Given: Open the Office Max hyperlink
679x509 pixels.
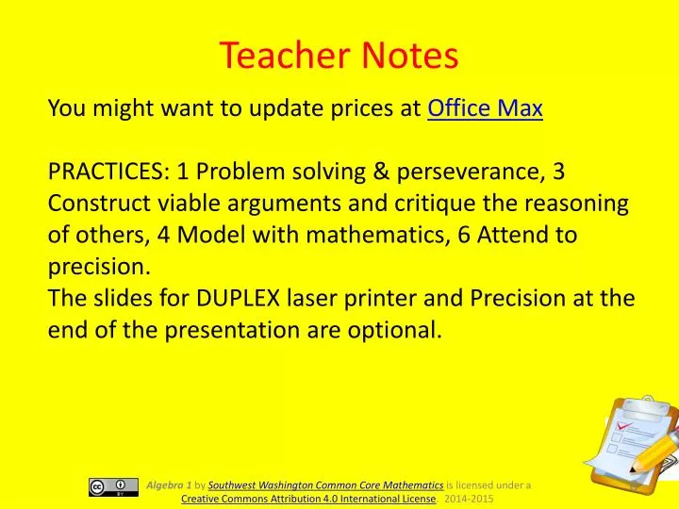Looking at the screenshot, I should [x=485, y=109].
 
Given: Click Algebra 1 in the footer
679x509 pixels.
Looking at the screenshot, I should [x=169, y=484].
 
